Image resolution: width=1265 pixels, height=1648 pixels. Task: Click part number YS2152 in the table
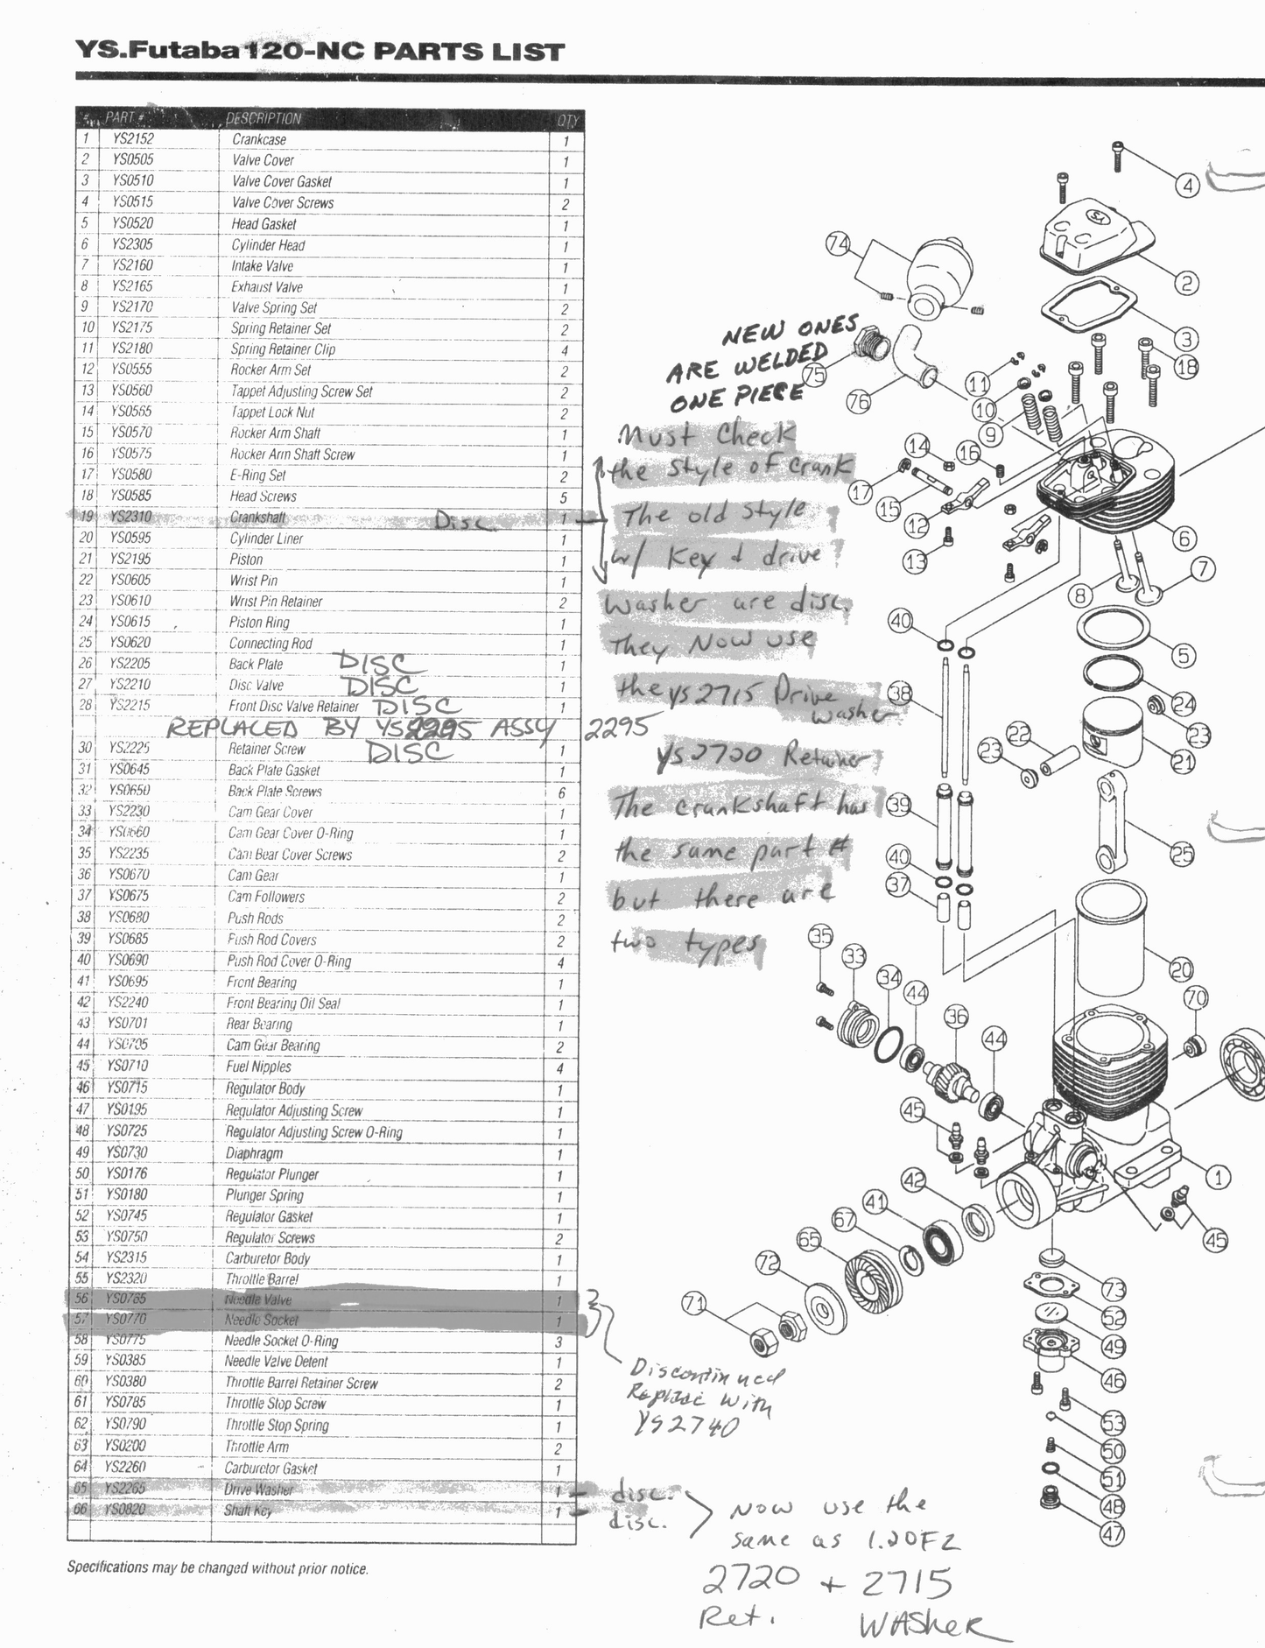(132, 138)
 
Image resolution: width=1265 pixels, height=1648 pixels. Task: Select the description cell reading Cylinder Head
(268, 245)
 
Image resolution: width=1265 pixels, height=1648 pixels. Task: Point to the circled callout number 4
(1187, 186)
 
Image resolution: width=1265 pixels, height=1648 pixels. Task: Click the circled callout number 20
(1181, 969)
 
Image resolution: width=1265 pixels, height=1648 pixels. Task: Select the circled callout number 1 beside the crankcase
(1218, 1178)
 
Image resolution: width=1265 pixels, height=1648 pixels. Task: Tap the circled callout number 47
(1113, 1533)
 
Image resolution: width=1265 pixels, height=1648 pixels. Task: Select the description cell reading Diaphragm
(255, 1153)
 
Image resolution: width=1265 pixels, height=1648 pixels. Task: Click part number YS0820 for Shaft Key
(124, 1509)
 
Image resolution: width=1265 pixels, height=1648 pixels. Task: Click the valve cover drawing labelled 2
(1094, 231)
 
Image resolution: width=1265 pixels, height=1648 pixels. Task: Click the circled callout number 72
(768, 1263)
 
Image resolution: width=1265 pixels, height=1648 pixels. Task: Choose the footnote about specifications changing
(217, 1568)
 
